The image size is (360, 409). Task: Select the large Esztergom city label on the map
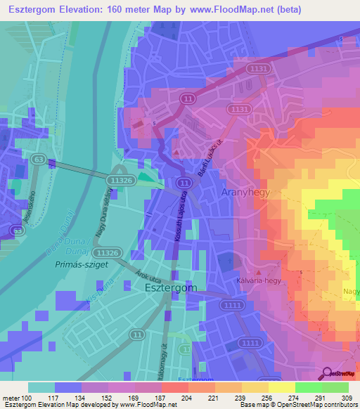(170, 287)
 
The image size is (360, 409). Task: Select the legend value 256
(256, 398)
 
